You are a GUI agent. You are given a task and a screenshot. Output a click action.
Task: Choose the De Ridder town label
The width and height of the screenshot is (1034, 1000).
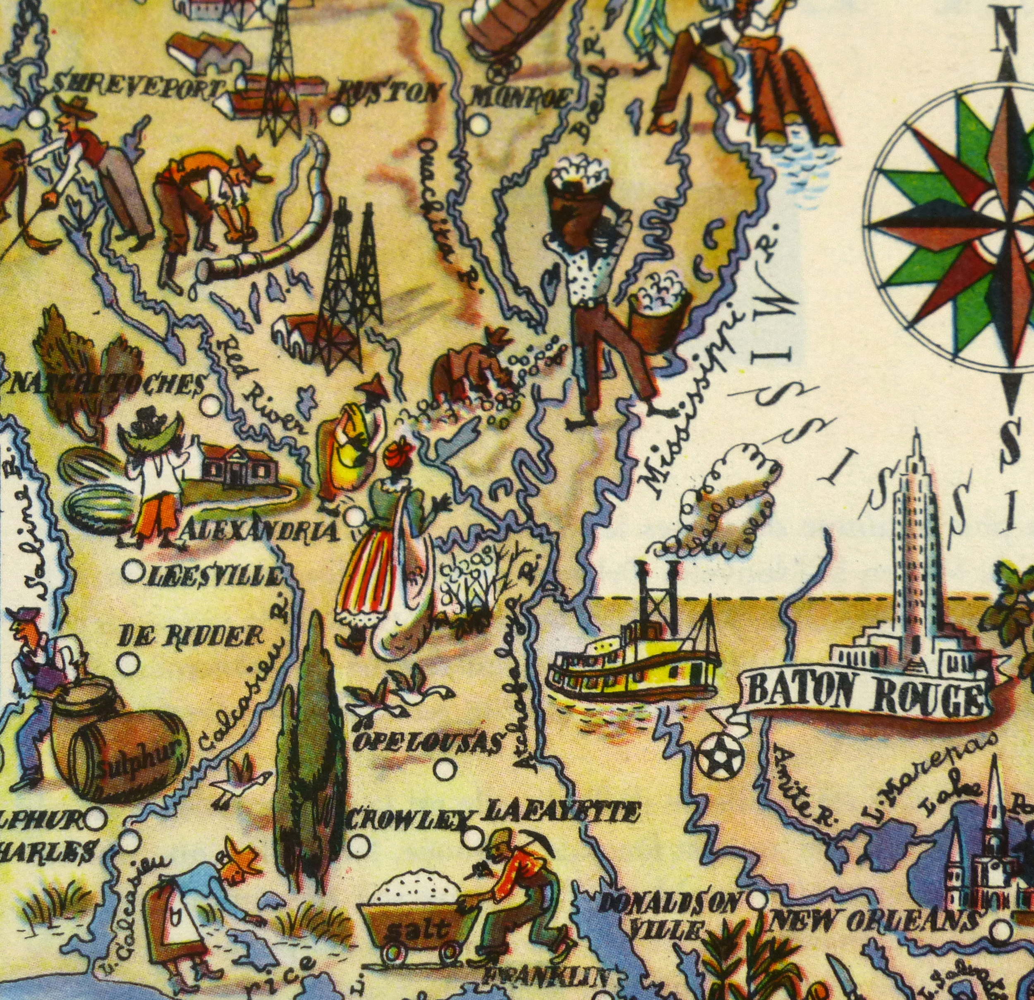pos(190,637)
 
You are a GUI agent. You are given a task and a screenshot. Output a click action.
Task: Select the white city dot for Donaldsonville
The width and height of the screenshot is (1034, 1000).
pos(758,898)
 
